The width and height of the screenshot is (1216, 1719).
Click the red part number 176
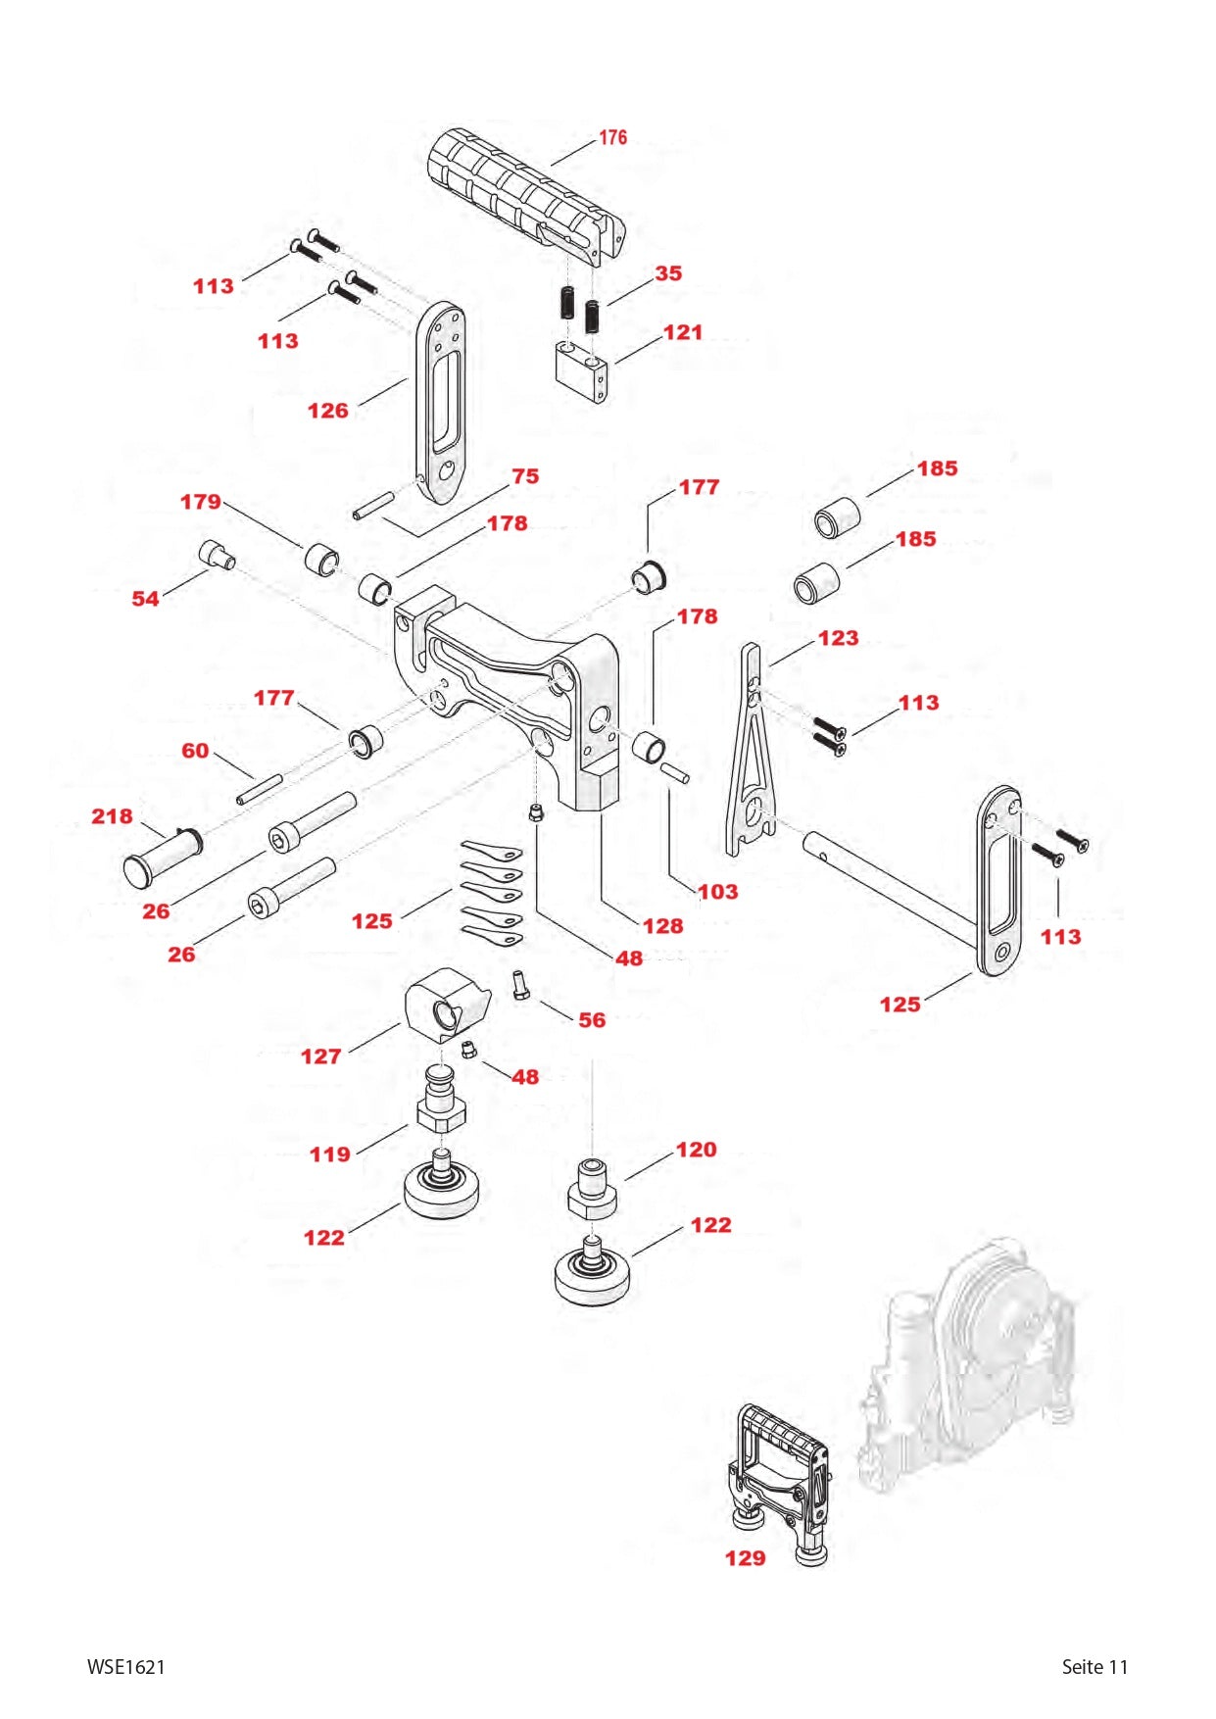pyautogui.click(x=613, y=137)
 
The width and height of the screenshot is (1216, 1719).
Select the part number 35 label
pyautogui.click(x=668, y=273)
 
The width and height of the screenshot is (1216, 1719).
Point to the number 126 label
pyautogui.click(x=327, y=411)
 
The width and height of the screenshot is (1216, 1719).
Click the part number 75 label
pyautogui.click(x=525, y=476)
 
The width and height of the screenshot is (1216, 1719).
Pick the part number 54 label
pyautogui.click(x=145, y=599)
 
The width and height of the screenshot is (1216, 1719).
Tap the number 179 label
pyautogui.click(x=200, y=502)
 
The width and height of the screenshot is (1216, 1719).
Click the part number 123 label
pyautogui.click(x=838, y=638)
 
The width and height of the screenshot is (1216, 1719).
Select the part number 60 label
pyautogui.click(x=195, y=751)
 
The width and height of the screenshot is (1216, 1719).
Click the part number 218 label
pyautogui.click(x=112, y=816)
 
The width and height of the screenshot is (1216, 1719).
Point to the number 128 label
pyautogui.click(x=662, y=926)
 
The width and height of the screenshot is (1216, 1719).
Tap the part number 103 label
pyautogui.click(x=717, y=892)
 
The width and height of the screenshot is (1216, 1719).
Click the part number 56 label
pyautogui.click(x=592, y=1020)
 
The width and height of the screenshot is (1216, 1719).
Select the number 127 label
pyautogui.click(x=320, y=1056)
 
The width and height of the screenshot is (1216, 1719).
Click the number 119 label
pyautogui.click(x=329, y=1154)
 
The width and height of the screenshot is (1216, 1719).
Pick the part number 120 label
pyautogui.click(x=696, y=1150)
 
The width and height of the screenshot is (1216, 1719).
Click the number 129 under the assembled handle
pyautogui.click(x=745, y=1558)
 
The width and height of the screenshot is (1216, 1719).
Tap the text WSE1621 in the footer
pyautogui.click(x=126, y=1667)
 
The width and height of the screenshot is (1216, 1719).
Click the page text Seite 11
pyautogui.click(x=1094, y=1667)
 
